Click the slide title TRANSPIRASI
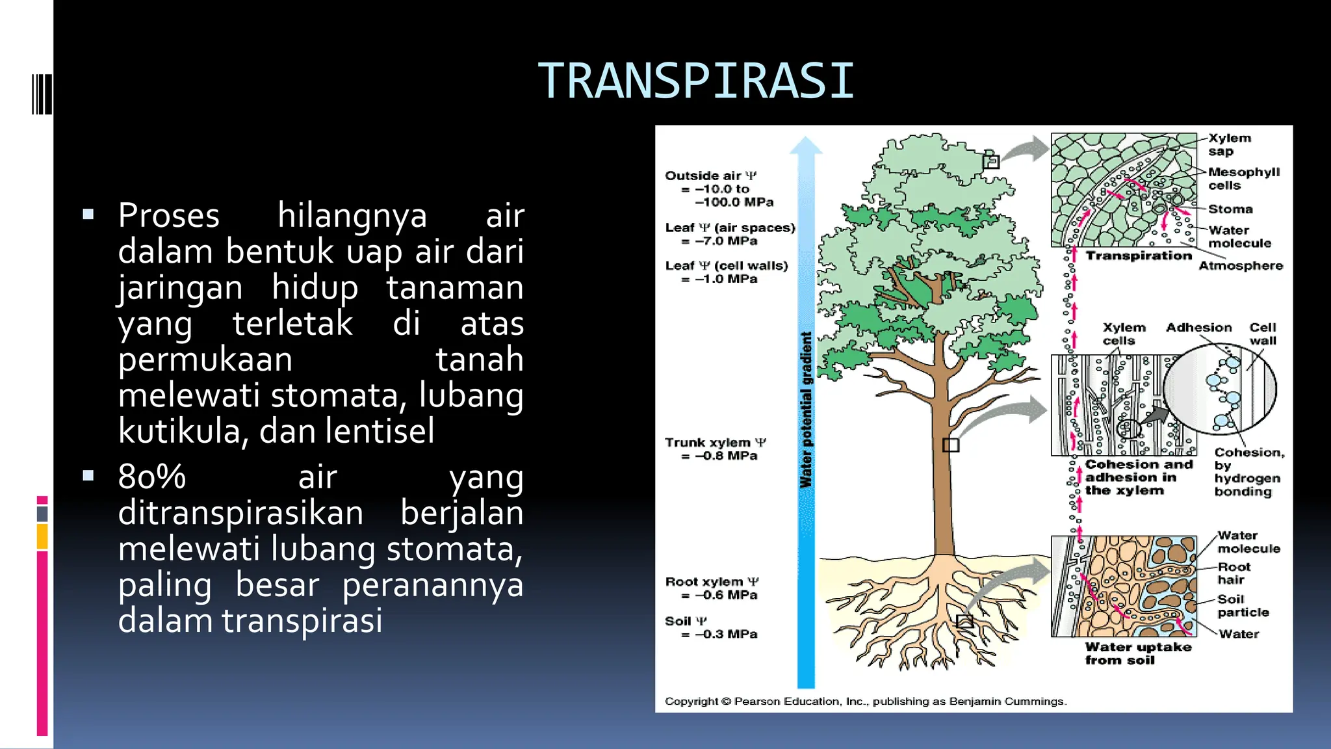click(x=696, y=81)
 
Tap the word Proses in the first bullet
click(x=169, y=216)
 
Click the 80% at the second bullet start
click(x=152, y=477)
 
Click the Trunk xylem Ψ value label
click(x=715, y=449)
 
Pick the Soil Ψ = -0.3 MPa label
click(x=711, y=627)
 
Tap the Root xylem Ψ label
click(x=712, y=588)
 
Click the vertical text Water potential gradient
click(x=806, y=410)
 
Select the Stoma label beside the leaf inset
click(x=1230, y=209)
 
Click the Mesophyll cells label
click(x=1243, y=179)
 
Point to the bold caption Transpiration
click(x=1139, y=256)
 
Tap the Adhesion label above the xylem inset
click(x=1198, y=328)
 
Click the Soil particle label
click(x=1242, y=606)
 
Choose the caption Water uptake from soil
click(x=1137, y=653)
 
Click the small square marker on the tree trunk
click(x=950, y=445)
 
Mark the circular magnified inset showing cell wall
click(x=1219, y=389)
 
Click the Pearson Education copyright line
click(x=865, y=702)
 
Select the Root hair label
click(x=1233, y=573)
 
